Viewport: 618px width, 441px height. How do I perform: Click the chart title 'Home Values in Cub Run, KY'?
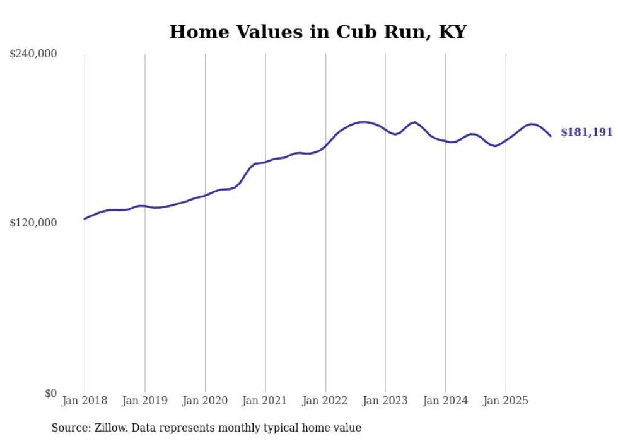pos(317,32)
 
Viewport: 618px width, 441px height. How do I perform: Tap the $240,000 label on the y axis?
pos(33,54)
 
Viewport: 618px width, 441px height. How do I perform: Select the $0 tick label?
pos(50,393)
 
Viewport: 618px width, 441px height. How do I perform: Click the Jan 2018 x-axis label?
pos(85,401)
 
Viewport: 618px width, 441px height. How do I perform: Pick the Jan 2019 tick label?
pos(144,401)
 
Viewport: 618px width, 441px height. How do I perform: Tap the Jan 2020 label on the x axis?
pos(205,401)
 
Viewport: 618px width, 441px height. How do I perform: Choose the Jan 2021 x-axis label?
pos(265,401)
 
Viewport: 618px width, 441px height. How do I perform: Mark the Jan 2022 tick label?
pos(325,401)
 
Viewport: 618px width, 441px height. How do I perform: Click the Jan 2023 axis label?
pos(385,401)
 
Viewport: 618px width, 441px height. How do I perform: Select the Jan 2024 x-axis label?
pos(445,401)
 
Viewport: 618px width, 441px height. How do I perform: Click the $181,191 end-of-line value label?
pos(586,132)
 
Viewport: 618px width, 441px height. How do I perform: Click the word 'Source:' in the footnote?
pos(69,428)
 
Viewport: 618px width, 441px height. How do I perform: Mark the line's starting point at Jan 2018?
pos(85,219)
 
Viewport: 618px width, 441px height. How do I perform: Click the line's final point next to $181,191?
pos(551,136)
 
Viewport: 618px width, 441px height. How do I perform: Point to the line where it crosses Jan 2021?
pos(265,162)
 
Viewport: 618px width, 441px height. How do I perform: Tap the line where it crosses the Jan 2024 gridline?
pos(445,141)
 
